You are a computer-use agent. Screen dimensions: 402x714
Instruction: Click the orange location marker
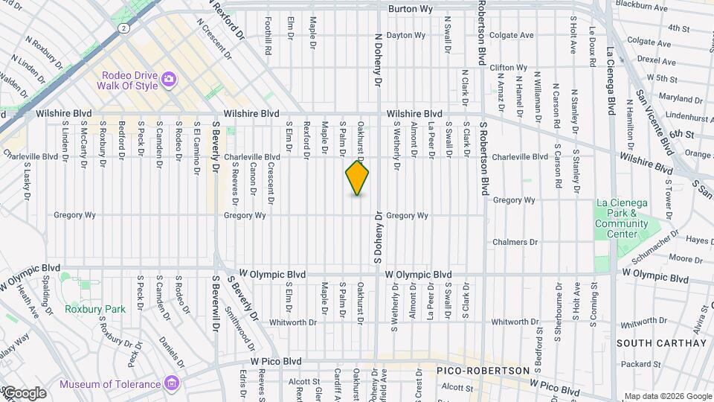click(x=357, y=179)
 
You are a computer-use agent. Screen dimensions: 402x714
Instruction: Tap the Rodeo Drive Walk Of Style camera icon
click(x=169, y=79)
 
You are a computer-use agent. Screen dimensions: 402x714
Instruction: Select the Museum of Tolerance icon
click(x=173, y=383)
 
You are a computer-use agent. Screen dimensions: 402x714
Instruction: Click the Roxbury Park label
click(x=94, y=309)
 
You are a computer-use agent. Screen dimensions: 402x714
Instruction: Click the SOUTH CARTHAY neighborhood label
click(x=661, y=343)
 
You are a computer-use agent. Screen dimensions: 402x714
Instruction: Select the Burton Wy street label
click(x=411, y=10)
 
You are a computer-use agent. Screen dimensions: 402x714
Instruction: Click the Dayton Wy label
click(x=406, y=35)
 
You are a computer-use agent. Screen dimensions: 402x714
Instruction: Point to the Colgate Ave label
click(x=512, y=35)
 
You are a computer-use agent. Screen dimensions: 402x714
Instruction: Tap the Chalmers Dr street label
click(x=515, y=242)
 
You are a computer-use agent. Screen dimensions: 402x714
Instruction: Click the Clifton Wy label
click(x=509, y=67)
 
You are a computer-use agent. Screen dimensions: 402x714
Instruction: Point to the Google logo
click(x=25, y=392)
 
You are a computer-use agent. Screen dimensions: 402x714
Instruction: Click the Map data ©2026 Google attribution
click(x=667, y=395)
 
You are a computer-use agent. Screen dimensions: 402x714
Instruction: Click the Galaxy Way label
click(x=15, y=342)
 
